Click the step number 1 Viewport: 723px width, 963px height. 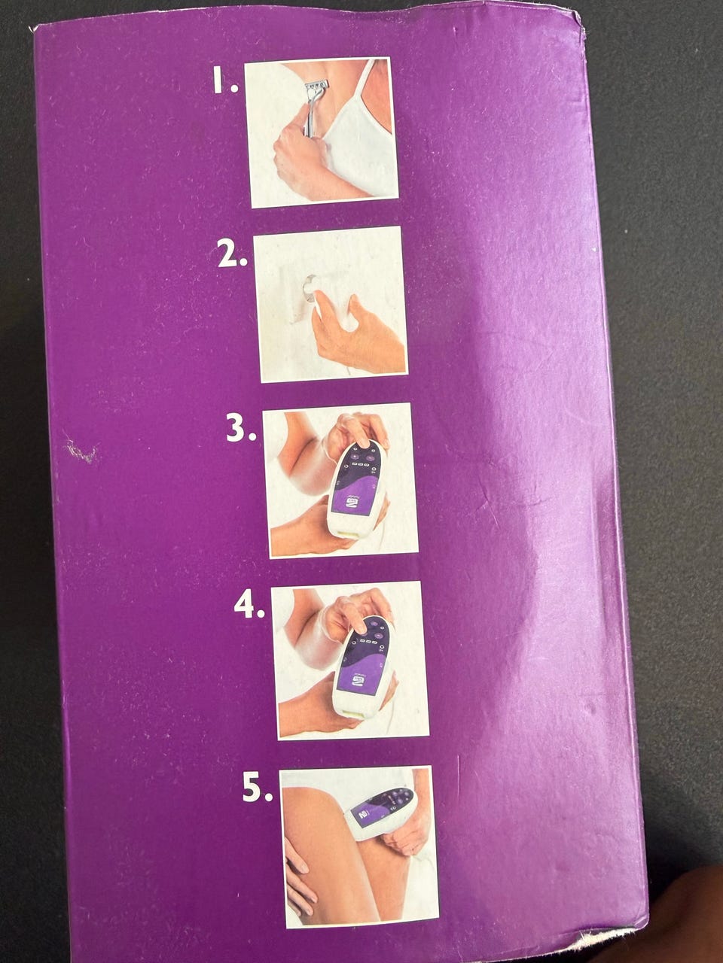pos(225,81)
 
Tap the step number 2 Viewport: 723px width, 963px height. pos(232,254)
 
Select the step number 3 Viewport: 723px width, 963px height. pos(241,428)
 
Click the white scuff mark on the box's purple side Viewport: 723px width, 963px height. pos(81,452)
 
